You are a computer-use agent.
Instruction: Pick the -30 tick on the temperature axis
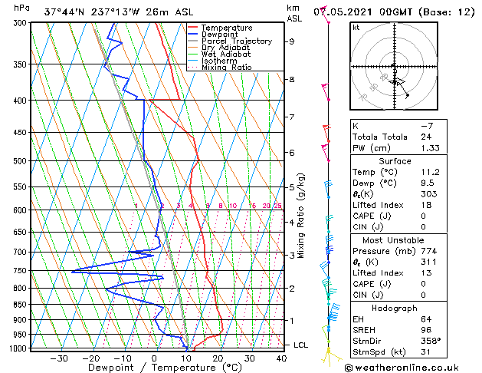point(59,358)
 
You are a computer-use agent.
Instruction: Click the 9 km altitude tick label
point(292,41)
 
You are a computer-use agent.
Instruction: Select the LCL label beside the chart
point(300,345)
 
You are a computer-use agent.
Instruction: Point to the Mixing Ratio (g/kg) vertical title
point(302,216)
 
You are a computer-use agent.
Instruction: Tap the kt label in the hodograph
point(356,28)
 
